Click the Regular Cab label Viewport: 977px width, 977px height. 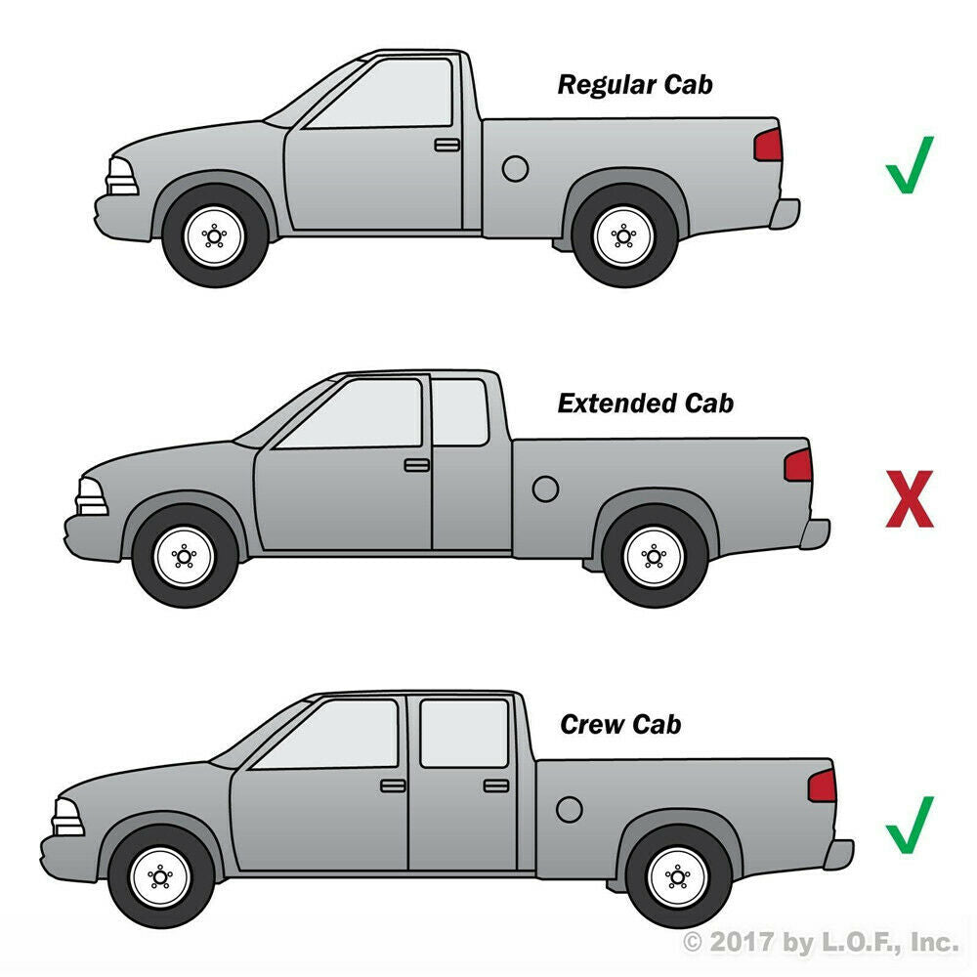click(635, 85)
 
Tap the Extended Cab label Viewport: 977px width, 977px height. click(646, 404)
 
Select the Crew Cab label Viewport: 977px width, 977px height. click(620, 724)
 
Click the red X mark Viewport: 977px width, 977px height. click(910, 499)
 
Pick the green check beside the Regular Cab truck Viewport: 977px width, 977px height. click(910, 165)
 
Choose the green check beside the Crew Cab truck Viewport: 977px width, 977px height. click(910, 825)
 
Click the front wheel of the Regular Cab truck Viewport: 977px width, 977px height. click(214, 235)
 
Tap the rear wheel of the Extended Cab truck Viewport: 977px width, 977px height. click(655, 557)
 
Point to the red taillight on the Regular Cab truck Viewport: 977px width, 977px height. click(768, 146)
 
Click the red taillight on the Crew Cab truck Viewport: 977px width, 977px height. click(822, 786)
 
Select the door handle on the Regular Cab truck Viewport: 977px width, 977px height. click(446, 145)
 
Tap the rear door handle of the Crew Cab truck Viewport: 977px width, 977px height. click(496, 786)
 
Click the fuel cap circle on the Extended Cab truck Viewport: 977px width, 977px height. click(545, 489)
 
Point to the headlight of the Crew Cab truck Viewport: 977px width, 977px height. click(68, 817)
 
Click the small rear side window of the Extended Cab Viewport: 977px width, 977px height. click(460, 412)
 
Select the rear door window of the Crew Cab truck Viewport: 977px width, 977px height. click(464, 733)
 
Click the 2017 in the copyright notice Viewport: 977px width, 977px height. click(742, 941)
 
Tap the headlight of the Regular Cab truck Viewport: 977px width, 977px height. click(122, 176)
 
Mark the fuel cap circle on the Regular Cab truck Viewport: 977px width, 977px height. click(515, 169)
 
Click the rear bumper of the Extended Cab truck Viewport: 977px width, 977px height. click(815, 534)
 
